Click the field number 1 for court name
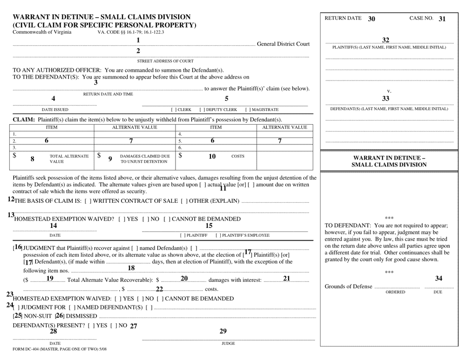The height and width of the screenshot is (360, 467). click(138, 41)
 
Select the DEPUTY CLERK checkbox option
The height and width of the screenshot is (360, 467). click(218, 110)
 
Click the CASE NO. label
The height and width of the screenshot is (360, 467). click(421, 19)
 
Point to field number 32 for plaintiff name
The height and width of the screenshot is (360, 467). click(385, 40)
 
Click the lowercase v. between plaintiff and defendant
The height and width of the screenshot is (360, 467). click(389, 91)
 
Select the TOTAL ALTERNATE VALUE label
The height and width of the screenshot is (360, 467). click(69, 158)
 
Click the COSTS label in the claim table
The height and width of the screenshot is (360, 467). click(238, 156)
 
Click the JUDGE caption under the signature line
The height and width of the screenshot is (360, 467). click(228, 343)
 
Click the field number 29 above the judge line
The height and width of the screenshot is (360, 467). click(223, 332)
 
